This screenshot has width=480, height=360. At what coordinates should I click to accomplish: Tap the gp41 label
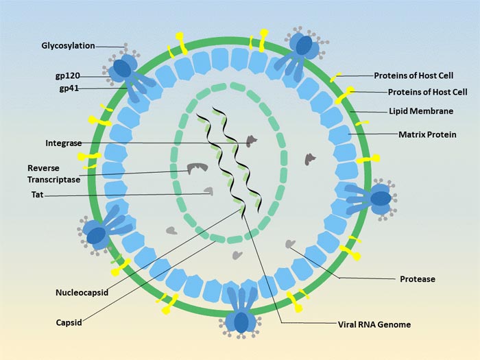pos(68,88)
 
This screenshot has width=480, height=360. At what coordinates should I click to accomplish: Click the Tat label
pos(37,195)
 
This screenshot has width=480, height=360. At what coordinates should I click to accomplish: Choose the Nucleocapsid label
pos(81,293)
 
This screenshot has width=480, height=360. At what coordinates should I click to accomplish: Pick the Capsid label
pos(69,322)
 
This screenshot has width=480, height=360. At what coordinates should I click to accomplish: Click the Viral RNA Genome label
pos(374,324)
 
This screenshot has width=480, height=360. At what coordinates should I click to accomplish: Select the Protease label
pos(418,279)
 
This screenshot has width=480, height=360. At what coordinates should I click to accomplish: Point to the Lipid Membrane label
pos(421,110)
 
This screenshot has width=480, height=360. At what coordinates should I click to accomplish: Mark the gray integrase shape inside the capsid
pos(251,141)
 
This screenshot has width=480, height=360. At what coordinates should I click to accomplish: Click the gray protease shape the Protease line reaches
pos(291,244)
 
